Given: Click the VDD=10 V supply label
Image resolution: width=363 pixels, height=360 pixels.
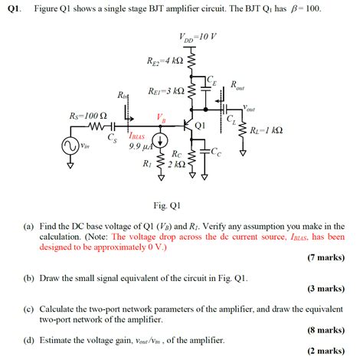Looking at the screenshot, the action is tap(198, 36).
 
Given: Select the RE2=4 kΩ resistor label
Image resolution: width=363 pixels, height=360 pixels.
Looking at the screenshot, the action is tap(164, 60).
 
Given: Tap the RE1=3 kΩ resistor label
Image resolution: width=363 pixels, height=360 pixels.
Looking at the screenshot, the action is tap(165, 90).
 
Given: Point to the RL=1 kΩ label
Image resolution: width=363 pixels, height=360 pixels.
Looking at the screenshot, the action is tap(266, 130).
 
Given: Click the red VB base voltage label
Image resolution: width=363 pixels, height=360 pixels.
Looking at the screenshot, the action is tap(160, 117).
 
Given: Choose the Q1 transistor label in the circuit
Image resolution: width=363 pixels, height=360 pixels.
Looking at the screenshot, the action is tap(201, 124).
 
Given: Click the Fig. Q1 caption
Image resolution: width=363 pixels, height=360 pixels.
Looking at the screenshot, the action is tap(166, 205).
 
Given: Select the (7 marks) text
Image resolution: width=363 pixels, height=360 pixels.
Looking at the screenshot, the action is tap(325, 258).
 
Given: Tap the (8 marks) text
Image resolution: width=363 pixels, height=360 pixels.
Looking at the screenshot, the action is tap(325, 330).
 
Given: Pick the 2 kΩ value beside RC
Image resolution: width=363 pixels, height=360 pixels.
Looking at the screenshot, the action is tap(175, 164).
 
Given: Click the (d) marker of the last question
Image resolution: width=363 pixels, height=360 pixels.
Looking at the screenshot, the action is tap(28, 340).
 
